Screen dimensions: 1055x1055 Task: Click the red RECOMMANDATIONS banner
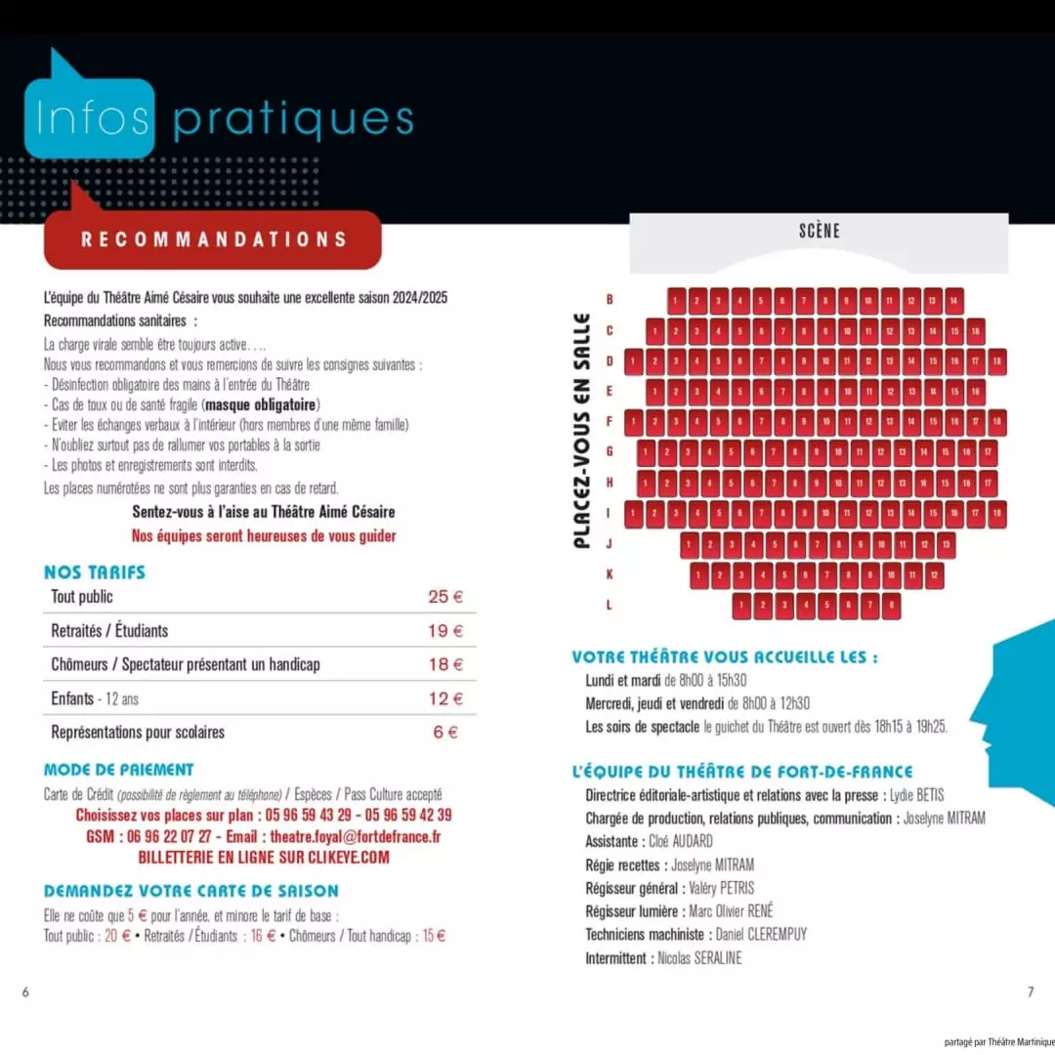click(x=213, y=239)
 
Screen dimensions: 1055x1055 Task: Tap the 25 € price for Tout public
click(x=445, y=597)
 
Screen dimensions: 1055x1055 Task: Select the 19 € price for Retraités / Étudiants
click(x=445, y=631)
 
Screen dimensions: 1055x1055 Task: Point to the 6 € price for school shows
click(x=445, y=732)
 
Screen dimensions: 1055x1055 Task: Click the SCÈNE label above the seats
click(x=819, y=232)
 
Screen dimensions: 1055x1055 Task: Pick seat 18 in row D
click(x=996, y=361)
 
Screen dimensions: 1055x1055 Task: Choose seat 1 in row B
click(x=676, y=300)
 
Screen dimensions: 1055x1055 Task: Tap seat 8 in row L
click(x=891, y=606)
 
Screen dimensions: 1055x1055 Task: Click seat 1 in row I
click(x=633, y=514)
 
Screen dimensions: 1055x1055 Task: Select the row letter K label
click(x=609, y=574)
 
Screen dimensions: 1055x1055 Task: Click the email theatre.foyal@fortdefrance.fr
click(x=355, y=836)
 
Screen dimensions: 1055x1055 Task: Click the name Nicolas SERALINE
click(x=699, y=958)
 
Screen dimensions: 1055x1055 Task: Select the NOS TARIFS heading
click(x=95, y=572)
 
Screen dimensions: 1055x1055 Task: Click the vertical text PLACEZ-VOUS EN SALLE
click(x=582, y=430)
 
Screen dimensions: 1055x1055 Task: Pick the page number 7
click(x=1030, y=992)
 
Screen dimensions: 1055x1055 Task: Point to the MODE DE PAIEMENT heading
click(x=119, y=770)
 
